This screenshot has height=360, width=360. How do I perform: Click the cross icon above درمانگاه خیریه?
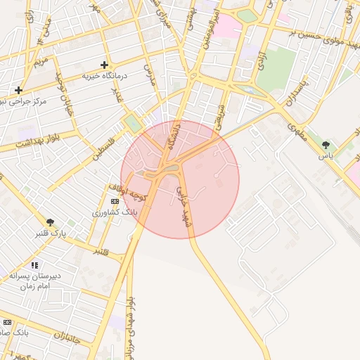pyautogui.click(x=105, y=64)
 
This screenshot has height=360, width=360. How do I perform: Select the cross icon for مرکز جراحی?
pyautogui.click(x=18, y=90)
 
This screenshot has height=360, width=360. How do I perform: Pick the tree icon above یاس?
pyautogui.click(x=326, y=144)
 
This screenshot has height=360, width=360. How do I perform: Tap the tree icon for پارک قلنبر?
pyautogui.click(x=50, y=222)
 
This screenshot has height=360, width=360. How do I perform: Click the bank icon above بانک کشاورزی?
pyautogui.click(x=115, y=201)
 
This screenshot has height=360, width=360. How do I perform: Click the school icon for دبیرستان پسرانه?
pyautogui.click(x=35, y=266)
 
